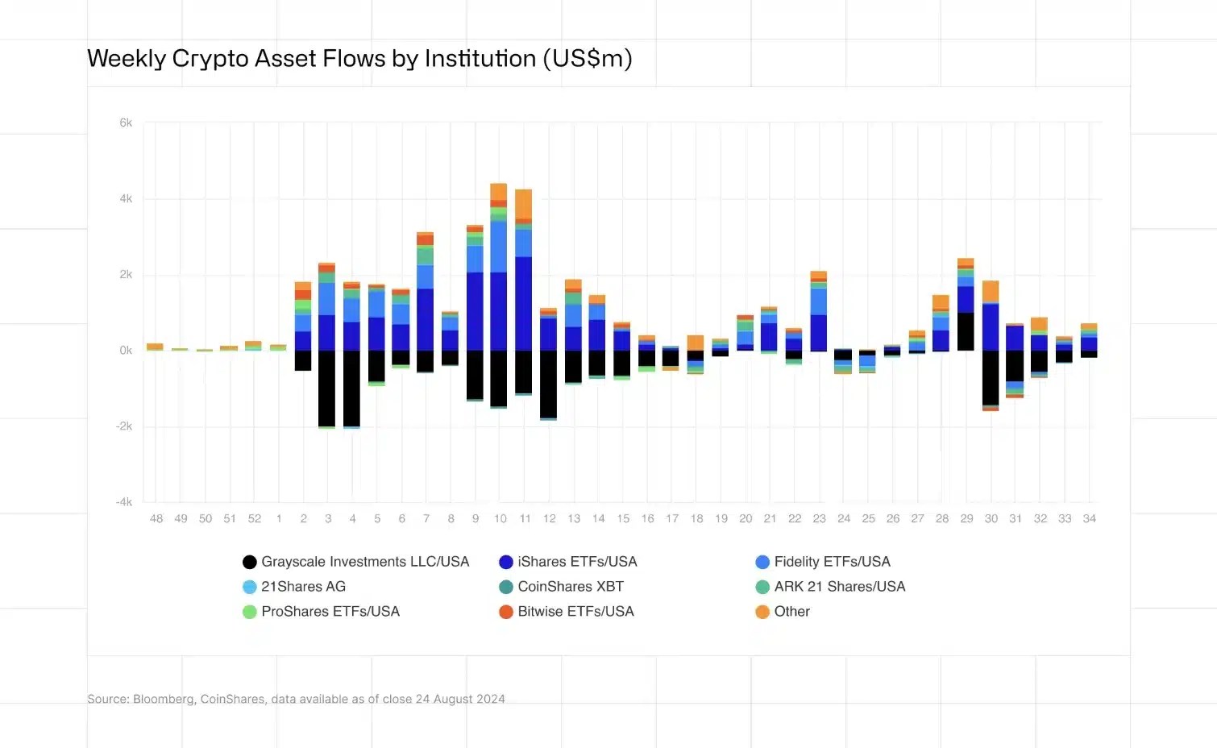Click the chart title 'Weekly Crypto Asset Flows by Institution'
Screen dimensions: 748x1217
359,59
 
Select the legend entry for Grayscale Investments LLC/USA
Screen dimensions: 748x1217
355,562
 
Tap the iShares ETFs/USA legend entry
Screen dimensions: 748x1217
567,562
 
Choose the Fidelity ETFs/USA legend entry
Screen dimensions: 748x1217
823,562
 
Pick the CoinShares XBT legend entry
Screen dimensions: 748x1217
561,587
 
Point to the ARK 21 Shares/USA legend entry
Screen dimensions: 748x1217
830,587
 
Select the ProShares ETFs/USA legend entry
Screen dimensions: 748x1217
321,612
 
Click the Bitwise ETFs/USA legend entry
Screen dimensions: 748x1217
567,612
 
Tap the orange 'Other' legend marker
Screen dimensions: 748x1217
762,612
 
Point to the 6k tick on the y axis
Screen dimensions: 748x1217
126,123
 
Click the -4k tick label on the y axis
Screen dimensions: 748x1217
124,502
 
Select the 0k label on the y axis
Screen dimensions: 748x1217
126,351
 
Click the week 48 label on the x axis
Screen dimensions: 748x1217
156,519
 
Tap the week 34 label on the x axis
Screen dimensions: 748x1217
1089,519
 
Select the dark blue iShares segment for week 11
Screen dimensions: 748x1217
524,304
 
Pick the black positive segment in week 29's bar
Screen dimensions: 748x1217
966,331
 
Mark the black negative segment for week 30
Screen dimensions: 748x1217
991,377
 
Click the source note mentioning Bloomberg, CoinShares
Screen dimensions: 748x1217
296,700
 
